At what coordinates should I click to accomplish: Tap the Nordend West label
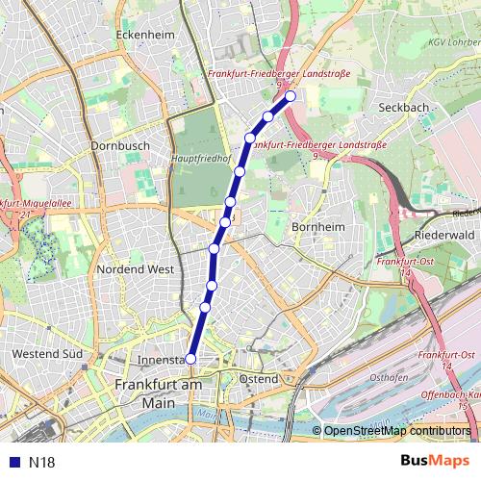(x=136, y=269)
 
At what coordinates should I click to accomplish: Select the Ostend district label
(x=258, y=379)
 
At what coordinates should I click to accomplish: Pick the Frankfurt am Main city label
(x=158, y=393)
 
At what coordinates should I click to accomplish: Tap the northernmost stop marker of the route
(x=290, y=96)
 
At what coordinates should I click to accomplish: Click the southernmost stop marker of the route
(x=190, y=359)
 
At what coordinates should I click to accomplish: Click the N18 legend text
(x=42, y=462)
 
